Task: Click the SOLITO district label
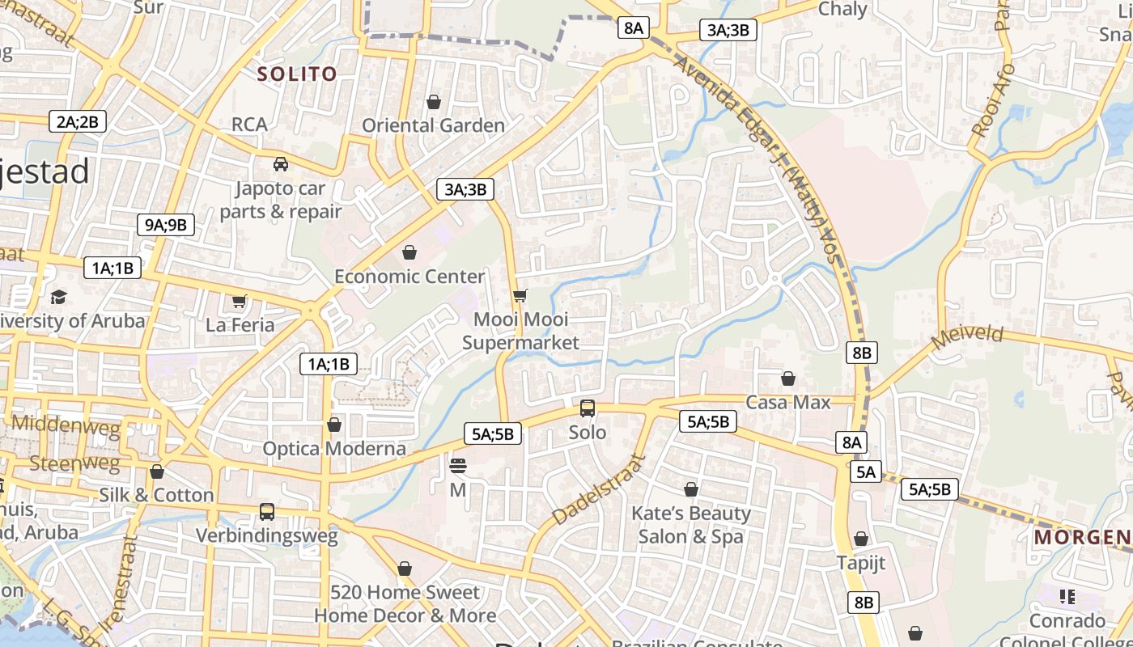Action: (296, 74)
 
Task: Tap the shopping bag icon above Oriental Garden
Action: (434, 102)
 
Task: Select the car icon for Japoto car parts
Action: (281, 164)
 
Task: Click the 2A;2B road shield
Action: (77, 122)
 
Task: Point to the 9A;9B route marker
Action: (166, 225)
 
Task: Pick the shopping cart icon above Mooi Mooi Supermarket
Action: (520, 295)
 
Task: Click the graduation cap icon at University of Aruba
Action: (58, 297)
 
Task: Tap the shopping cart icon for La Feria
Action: (240, 302)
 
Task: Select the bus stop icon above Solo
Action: (588, 408)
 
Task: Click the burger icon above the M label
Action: (458, 466)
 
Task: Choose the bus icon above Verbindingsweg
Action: (267, 512)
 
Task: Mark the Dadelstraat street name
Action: (600, 490)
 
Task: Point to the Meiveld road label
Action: (967, 337)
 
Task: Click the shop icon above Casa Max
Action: (788, 378)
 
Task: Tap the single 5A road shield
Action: (866, 472)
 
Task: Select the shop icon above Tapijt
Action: (861, 539)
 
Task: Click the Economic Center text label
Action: (409, 277)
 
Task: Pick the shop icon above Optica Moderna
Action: (334, 425)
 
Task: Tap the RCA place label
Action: (249, 125)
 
